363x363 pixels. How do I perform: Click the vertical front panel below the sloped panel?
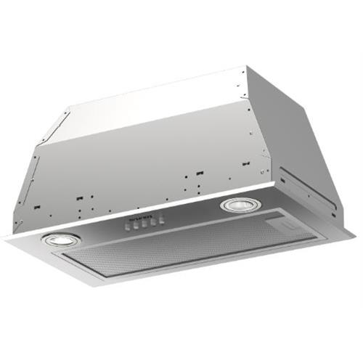[x=138, y=174]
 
